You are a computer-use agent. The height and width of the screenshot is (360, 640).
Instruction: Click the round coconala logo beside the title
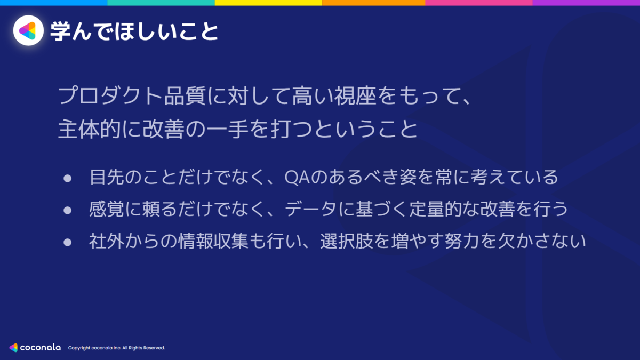click(28, 30)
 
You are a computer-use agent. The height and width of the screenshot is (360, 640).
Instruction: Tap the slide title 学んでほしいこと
click(134, 31)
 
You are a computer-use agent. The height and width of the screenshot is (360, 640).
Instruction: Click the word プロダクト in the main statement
click(110, 95)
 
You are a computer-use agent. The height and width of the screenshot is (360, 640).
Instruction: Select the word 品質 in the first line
click(185, 95)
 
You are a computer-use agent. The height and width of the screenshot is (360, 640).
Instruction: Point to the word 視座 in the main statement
click(355, 95)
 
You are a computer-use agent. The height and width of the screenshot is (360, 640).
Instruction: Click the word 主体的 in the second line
click(89, 129)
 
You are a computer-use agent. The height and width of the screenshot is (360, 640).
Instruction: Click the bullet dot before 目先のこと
click(67, 179)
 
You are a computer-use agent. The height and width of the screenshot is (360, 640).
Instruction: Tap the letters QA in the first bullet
click(297, 177)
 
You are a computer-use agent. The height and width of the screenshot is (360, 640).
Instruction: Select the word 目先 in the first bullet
click(107, 177)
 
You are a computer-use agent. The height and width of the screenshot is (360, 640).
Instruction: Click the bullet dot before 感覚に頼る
click(67, 211)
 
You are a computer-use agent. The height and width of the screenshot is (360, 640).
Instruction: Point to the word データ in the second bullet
click(310, 209)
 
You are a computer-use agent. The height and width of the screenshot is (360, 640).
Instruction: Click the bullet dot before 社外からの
click(67, 243)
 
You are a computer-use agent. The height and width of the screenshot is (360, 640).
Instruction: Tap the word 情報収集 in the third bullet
click(213, 241)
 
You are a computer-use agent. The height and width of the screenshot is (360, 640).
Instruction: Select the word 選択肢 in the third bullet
click(347, 241)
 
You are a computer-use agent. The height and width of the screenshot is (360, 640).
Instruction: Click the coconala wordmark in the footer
click(41, 347)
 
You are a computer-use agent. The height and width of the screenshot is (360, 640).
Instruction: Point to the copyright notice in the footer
click(116, 348)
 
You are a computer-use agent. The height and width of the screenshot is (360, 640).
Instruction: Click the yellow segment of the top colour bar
click(268, 3)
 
